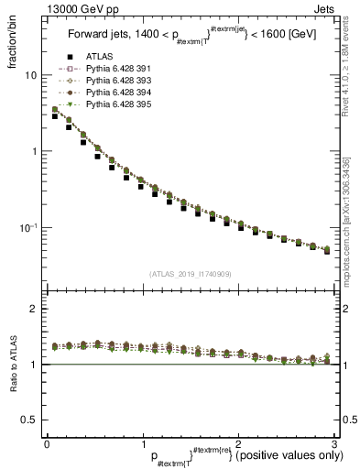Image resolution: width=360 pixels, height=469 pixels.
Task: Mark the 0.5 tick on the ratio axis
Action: point(28,420)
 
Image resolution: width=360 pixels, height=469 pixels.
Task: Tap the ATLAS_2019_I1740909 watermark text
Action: point(189,273)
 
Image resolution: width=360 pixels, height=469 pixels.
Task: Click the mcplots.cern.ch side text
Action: point(352,220)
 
